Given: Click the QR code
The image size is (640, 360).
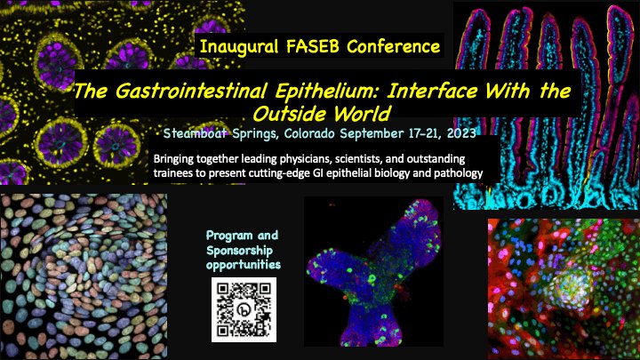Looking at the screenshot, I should coord(243,308).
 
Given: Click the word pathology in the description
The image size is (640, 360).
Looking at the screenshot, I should coord(452,173).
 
